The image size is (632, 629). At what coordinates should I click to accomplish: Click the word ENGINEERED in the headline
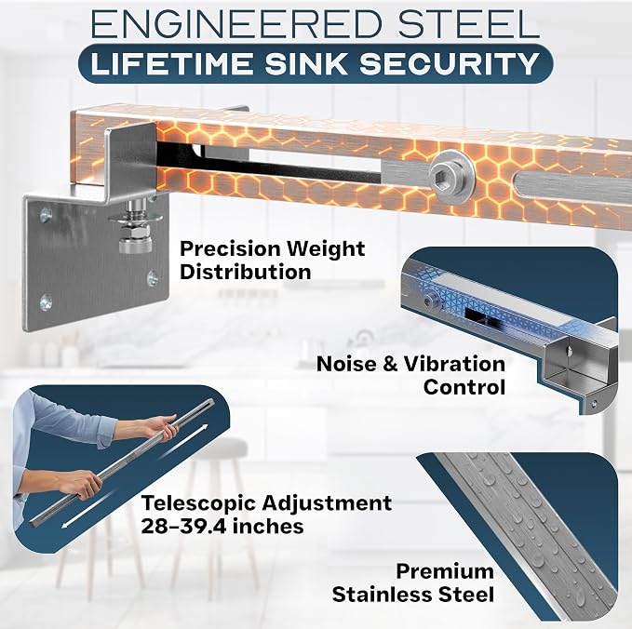[x=235, y=24]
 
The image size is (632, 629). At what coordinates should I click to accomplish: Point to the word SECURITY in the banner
[x=450, y=63]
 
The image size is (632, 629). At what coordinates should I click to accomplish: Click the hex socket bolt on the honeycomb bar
[x=451, y=175]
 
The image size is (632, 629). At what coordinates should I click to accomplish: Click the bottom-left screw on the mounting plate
[x=47, y=302]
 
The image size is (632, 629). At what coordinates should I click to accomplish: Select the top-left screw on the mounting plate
[x=46, y=216]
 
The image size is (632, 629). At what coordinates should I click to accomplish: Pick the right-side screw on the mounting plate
[x=153, y=277]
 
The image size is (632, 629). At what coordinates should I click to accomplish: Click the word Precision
[x=230, y=248]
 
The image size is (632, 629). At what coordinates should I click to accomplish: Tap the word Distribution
[x=246, y=272]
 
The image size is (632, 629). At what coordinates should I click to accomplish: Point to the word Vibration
[x=454, y=364]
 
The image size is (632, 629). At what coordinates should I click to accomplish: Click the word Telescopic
[x=198, y=503]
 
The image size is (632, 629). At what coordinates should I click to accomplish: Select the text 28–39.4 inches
[x=222, y=527]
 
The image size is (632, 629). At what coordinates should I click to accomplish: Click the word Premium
[x=445, y=571]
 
